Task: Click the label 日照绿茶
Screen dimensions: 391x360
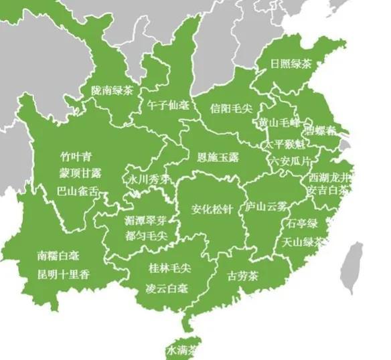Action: [x=291, y=65]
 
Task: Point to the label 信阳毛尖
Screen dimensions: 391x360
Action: [x=230, y=108]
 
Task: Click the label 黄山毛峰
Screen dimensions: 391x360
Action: [x=279, y=122]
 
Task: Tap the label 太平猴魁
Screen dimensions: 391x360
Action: [x=285, y=145]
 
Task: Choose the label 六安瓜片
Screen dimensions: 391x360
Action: [x=291, y=161]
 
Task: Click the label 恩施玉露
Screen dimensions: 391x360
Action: [x=218, y=158]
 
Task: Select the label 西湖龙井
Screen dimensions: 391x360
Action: [x=329, y=178]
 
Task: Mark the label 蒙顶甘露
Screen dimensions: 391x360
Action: [x=80, y=173]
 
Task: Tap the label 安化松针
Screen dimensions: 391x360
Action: [x=212, y=209]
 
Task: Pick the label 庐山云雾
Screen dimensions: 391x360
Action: [x=266, y=207]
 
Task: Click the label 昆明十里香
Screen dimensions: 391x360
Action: [x=64, y=274]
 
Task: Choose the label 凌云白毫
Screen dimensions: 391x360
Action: [x=167, y=288]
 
